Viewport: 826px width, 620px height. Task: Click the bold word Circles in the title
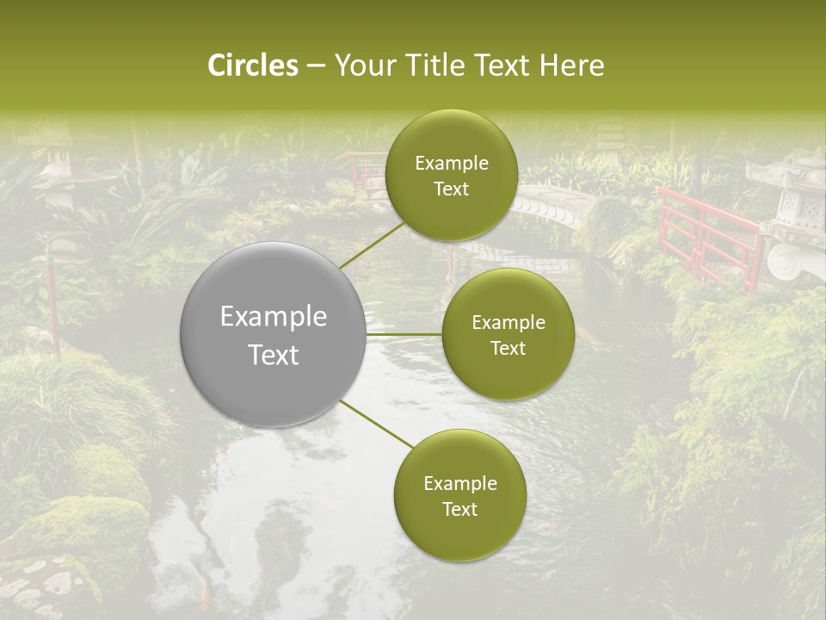[x=253, y=65]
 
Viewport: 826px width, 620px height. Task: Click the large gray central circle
[x=274, y=334]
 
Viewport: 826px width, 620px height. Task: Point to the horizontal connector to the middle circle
[x=404, y=334]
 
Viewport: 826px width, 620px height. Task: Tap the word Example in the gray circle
[x=274, y=317]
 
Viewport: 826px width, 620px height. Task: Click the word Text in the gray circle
[x=274, y=355]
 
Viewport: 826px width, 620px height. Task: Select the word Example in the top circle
[x=451, y=164]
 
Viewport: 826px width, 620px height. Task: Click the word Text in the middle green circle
[x=509, y=348]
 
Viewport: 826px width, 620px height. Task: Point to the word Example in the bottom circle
[x=459, y=484]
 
